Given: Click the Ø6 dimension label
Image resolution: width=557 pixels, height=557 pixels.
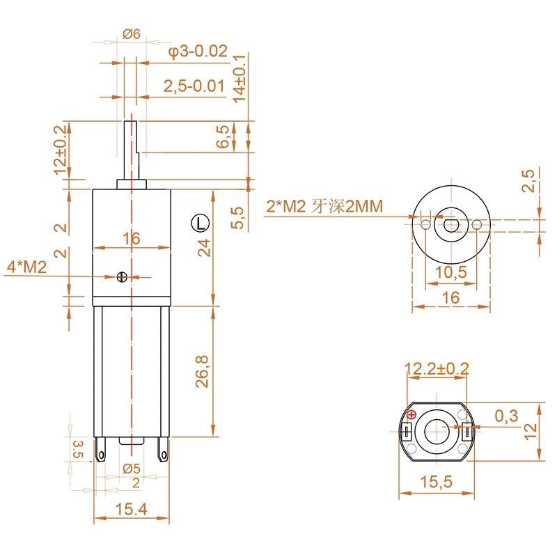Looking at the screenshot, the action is click(x=132, y=34).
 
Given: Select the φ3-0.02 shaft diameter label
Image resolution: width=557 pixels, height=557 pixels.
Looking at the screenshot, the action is click(x=198, y=52).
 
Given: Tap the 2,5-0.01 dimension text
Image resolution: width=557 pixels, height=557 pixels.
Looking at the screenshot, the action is click(x=194, y=86).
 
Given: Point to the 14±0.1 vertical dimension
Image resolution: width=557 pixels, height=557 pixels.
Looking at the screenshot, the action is click(x=240, y=79).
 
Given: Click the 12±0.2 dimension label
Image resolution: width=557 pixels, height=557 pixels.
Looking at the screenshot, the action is click(x=61, y=150).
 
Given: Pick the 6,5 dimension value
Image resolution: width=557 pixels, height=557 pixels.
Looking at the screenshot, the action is click(x=224, y=136).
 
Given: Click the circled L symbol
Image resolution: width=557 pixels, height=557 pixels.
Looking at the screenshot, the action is click(x=201, y=223).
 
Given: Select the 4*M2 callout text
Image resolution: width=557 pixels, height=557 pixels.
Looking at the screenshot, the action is click(x=27, y=267).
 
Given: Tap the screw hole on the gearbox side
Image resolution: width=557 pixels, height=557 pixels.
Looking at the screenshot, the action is click(x=122, y=276).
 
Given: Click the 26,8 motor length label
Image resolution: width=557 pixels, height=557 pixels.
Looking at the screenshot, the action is click(x=203, y=371).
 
